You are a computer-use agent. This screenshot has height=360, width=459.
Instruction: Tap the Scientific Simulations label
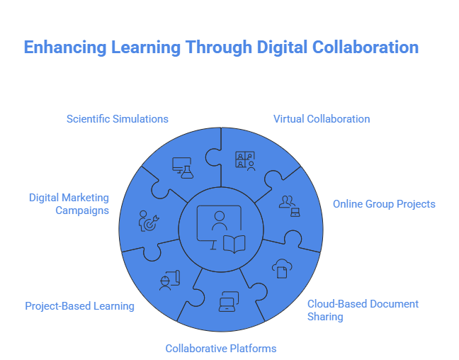pos(118,119)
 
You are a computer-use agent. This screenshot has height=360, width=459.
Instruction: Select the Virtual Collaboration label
pos(322,119)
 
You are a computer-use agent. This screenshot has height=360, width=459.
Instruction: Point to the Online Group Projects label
pos(384,204)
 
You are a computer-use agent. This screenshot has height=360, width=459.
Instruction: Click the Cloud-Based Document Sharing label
pos(362,310)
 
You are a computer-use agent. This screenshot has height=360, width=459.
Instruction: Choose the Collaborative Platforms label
pos(220,348)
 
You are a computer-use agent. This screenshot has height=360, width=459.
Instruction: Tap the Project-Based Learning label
pos(79,306)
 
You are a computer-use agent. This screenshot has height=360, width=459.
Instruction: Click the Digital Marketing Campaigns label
pos(69,204)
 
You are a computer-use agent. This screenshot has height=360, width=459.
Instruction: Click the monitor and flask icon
pos(182,167)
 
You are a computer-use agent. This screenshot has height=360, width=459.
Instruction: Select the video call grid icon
pos(245,160)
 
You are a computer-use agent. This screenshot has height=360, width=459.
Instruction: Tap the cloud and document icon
pos(280,268)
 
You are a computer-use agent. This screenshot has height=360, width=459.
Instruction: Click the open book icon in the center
pos(234,244)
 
